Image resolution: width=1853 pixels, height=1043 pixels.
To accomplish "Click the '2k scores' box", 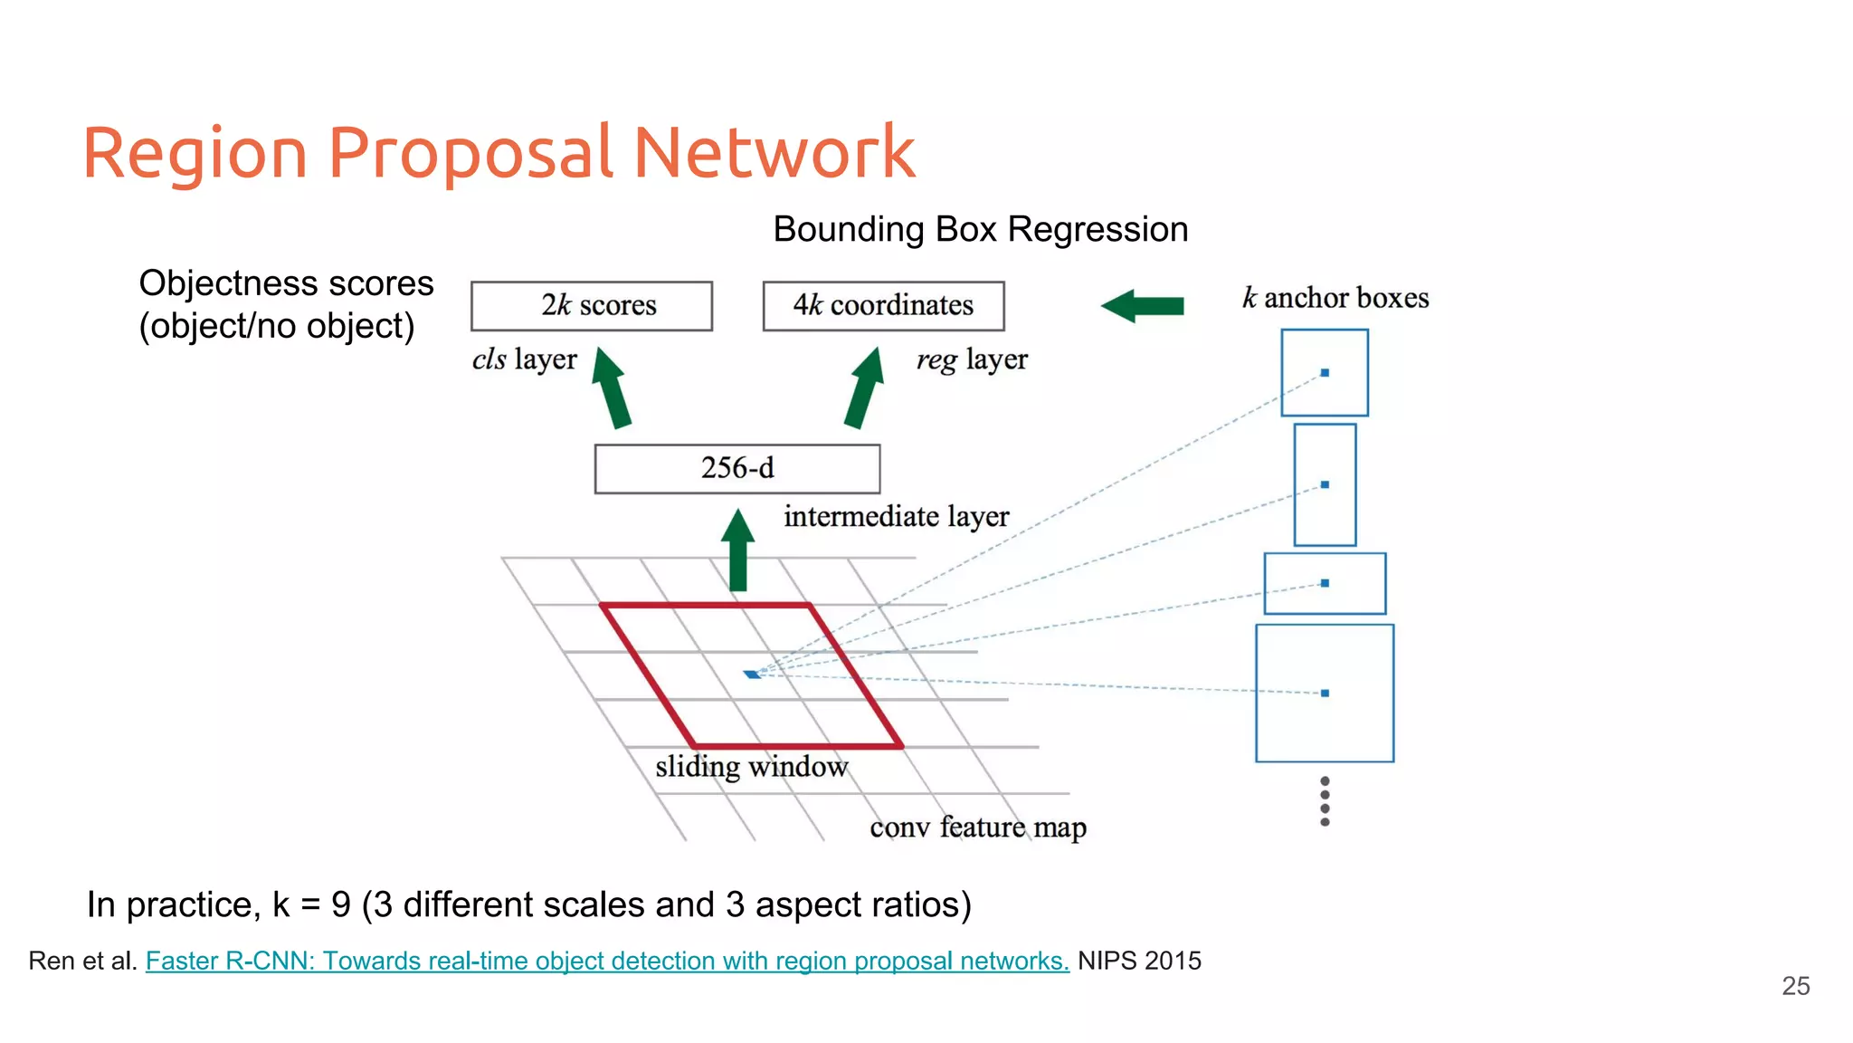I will pos(592,306).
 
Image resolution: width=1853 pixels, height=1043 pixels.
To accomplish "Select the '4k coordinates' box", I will pos(883,306).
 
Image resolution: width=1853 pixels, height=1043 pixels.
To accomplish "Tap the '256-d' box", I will pos(736,468).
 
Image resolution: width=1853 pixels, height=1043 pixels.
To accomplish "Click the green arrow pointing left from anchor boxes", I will pos(1143,306).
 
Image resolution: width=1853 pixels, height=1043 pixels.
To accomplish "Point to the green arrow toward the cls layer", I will pos(612,388).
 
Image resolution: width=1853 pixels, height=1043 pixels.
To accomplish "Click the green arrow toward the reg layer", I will pos(864,388).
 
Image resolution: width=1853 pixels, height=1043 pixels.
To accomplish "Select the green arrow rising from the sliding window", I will pos(738,551).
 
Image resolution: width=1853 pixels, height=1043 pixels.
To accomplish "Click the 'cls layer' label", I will pos(524,359).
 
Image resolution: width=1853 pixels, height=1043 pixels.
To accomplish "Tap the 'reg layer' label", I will pos(972,359).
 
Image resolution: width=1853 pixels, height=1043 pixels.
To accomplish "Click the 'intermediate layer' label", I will pos(896,516).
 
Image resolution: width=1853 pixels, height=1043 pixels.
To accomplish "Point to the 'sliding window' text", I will pos(751,767).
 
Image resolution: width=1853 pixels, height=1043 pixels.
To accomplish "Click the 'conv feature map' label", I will pos(977,828).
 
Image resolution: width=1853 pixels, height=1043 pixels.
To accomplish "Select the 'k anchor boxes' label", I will pos(1335,298).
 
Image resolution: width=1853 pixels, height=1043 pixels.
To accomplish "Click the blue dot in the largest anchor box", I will pos(1325,694).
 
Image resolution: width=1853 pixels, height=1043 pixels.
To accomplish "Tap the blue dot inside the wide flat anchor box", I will pos(1325,583).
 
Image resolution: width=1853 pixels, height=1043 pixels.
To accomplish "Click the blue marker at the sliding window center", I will pos(752,675).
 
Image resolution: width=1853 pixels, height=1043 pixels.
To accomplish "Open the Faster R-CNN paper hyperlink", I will pos(606,961).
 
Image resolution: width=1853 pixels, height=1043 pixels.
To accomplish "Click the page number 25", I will pos(1795,986).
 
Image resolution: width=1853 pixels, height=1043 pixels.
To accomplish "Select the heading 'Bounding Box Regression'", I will pos(980,230).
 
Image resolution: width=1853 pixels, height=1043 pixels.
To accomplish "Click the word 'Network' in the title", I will pos(774,152).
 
